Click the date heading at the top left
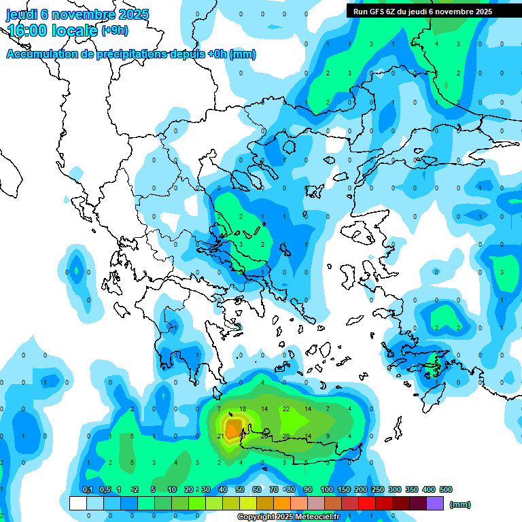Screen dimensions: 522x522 [77, 14]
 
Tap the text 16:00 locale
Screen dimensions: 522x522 [52, 31]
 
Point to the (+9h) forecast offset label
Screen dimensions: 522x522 [114, 31]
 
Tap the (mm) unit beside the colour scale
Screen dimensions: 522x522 [460, 504]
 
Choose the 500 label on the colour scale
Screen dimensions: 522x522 [446, 489]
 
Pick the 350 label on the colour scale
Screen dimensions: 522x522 [412, 489]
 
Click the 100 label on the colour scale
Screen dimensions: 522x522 [327, 489]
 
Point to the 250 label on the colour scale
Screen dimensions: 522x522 [378, 489]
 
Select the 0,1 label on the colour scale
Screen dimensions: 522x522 [88, 489]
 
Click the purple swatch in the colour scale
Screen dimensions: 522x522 [435, 504]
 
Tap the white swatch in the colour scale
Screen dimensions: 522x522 [77, 504]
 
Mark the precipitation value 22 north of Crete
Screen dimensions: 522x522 [286, 408]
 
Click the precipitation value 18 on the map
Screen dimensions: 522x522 [243, 408]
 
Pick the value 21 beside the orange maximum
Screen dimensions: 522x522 [221, 436]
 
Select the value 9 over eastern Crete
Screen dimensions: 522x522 [328, 436]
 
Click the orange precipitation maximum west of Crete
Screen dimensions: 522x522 [233, 430]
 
